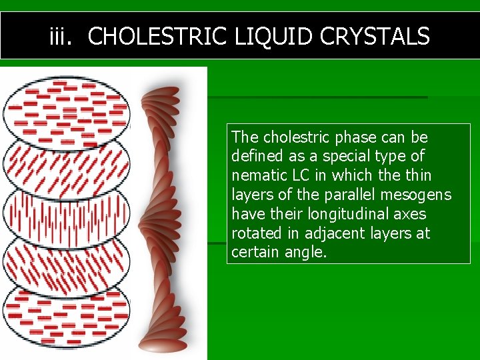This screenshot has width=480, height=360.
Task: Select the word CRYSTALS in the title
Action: tap(375, 36)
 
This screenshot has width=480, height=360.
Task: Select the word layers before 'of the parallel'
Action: tap(252, 195)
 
